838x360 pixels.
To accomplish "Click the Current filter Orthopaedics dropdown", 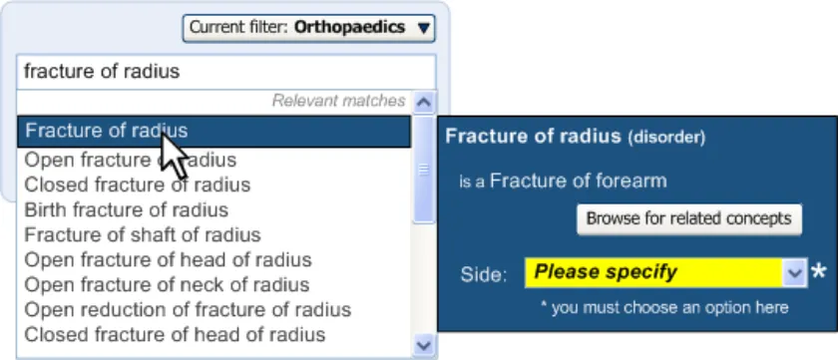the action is [x=308, y=28].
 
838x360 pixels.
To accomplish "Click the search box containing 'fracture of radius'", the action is [x=226, y=72].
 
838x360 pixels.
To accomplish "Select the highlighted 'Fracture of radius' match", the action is [x=213, y=132].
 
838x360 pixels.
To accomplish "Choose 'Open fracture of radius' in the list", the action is [x=131, y=160].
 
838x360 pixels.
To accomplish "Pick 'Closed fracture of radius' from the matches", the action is [x=138, y=184].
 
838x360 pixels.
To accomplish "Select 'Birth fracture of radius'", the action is [x=127, y=209].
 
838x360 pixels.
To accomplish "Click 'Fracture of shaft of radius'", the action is [x=143, y=235].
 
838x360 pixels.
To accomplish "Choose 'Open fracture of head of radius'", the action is [x=168, y=260].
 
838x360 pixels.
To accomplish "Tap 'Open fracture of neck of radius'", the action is [x=167, y=284].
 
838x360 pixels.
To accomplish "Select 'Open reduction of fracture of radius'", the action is [x=188, y=310].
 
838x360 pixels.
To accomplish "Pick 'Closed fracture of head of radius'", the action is [x=175, y=335].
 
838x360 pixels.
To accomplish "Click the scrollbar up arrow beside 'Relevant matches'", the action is [x=424, y=102].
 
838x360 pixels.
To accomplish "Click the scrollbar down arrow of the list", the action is [x=424, y=345].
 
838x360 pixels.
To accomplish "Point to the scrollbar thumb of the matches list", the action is [x=424, y=170].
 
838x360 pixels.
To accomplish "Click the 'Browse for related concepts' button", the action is [x=689, y=219].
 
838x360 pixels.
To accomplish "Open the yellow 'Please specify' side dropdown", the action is [x=665, y=273].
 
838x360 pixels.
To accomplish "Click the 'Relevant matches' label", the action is [x=338, y=101].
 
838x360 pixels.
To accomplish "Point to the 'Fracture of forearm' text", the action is [x=579, y=181].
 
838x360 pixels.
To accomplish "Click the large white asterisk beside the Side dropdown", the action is [x=818, y=272].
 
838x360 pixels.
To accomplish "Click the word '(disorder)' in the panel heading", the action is [x=666, y=138].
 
